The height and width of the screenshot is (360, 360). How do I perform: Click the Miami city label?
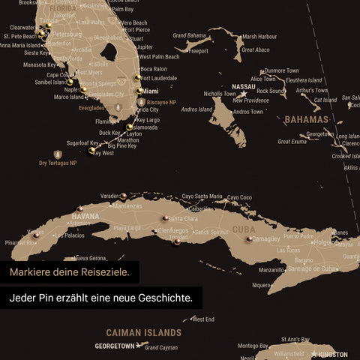(x=151, y=91)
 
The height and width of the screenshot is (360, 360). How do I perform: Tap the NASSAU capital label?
(x=244, y=86)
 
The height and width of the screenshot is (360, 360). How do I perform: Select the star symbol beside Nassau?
(x=243, y=94)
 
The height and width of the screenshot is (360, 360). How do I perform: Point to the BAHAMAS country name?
(x=306, y=119)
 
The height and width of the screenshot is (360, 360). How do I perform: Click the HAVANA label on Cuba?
(x=85, y=216)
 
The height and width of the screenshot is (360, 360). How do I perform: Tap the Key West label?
(x=103, y=153)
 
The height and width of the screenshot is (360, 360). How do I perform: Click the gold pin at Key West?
(x=91, y=151)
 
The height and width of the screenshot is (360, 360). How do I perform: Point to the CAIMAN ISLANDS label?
(x=143, y=331)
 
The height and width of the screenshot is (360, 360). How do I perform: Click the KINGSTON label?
(x=333, y=354)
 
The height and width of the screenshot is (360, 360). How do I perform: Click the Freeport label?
(x=199, y=51)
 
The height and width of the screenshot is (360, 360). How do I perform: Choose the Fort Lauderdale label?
(x=159, y=78)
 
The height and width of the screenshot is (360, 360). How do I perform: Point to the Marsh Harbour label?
(x=259, y=36)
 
